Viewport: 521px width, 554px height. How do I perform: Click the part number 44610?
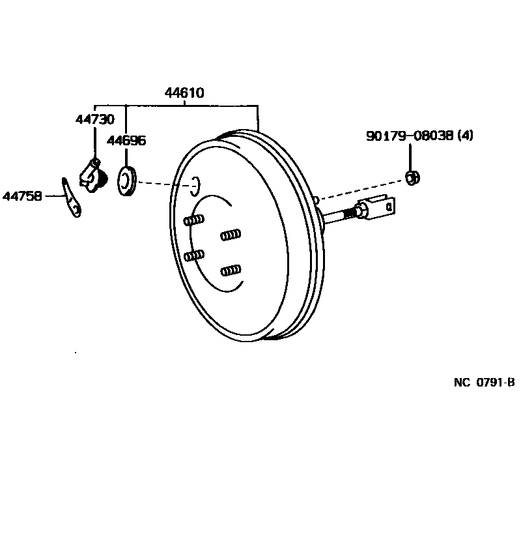click(x=184, y=93)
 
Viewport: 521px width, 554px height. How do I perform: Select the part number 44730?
click(x=94, y=119)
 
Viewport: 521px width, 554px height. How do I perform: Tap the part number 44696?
click(x=126, y=141)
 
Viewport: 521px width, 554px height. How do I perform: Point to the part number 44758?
click(x=22, y=195)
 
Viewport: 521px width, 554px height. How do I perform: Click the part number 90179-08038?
click(x=410, y=136)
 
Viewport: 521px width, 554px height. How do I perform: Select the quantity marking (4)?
click(x=465, y=136)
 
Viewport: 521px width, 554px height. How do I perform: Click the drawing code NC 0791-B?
click(x=484, y=383)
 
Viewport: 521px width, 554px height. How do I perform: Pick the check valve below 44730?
click(x=92, y=174)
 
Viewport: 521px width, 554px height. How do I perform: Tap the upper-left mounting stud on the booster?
click(x=194, y=220)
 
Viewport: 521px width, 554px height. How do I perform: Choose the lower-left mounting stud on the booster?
click(x=194, y=255)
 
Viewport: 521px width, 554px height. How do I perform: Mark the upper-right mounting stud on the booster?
click(x=231, y=234)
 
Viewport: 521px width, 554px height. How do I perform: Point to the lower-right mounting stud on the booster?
click(x=231, y=269)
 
